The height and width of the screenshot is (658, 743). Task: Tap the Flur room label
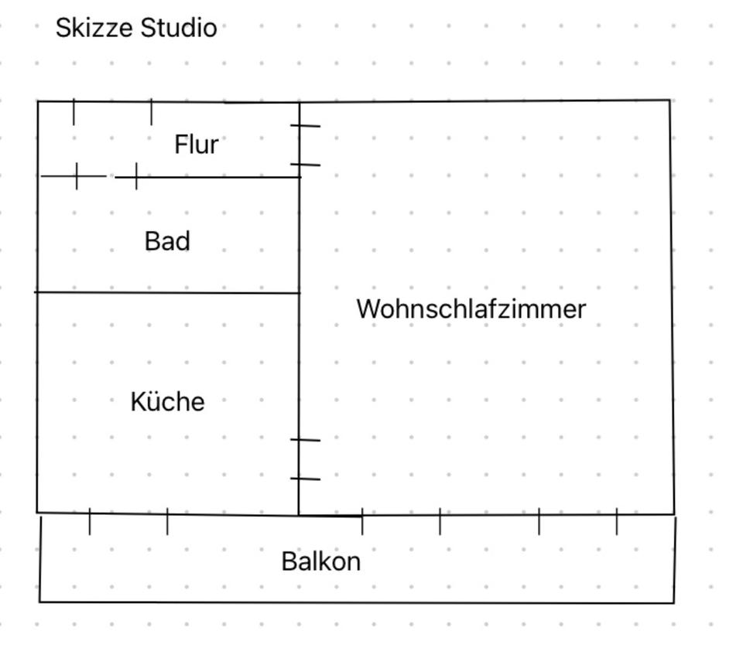pos(196,145)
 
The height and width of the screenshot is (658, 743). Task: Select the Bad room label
pos(167,241)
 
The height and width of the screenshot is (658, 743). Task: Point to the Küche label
pos(167,402)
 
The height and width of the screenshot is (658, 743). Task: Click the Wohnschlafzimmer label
pos(471,309)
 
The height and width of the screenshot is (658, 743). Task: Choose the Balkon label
pos(320,561)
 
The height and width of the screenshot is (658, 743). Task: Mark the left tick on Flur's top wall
pos(74,112)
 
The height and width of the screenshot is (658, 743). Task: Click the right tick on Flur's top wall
pos(151,112)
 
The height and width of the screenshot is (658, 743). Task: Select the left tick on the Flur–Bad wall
pos(77,176)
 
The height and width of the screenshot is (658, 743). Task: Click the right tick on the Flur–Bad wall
pos(137,176)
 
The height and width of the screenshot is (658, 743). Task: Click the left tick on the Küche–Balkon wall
pos(90,522)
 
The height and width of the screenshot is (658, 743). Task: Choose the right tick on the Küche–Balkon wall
pos(167,522)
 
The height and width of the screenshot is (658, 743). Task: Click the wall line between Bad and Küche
pos(167,293)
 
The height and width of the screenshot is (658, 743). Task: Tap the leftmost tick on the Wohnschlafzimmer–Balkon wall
pos(362,523)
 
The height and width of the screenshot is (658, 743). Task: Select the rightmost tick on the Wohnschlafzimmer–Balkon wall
pos(617,522)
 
